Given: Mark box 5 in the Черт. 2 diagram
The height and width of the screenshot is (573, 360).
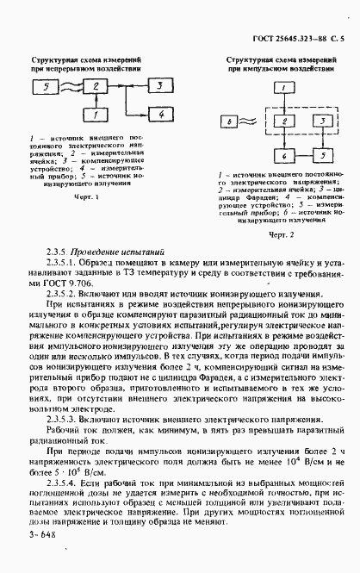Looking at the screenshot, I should [x=319, y=155].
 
